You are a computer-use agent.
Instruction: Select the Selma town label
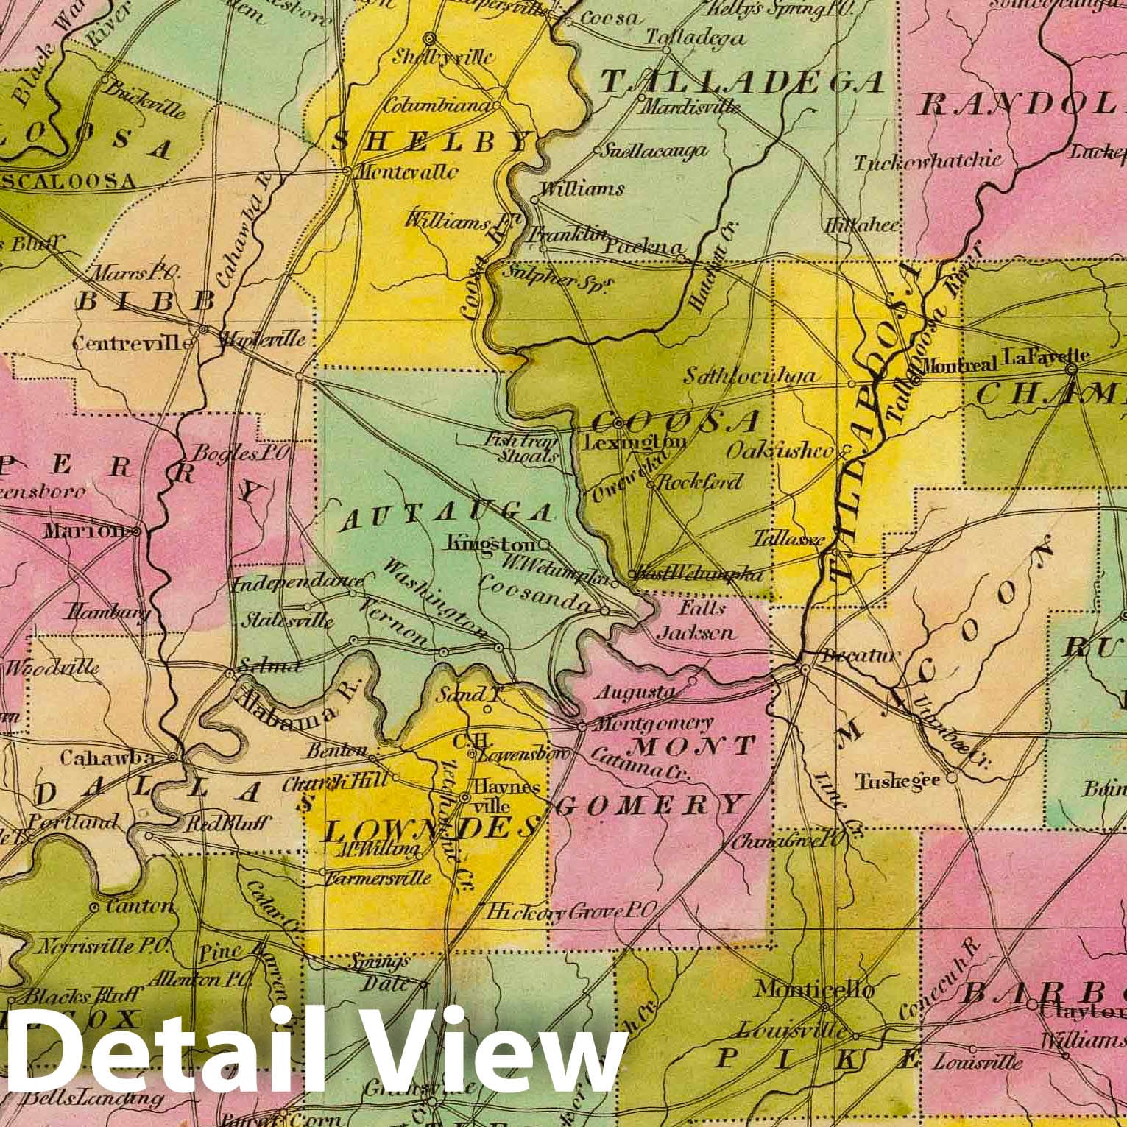tap(272, 667)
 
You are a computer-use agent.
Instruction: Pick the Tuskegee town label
tap(897, 780)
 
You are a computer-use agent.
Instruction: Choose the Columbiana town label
tap(437, 105)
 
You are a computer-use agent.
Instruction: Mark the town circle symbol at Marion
tap(137, 530)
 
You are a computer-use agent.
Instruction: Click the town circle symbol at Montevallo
tap(347, 172)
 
